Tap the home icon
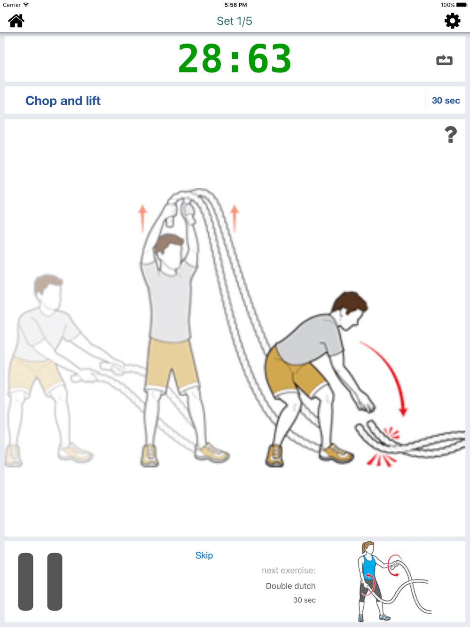(16, 21)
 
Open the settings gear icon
(452, 21)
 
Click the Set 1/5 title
(235, 21)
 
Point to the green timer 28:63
(235, 59)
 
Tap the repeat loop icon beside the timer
(444, 60)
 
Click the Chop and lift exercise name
(63, 101)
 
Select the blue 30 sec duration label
(446, 101)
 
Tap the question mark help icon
(451, 134)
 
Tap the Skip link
(204, 555)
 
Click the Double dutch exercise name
(290, 586)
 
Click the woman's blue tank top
(369, 568)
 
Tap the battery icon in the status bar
(462, 5)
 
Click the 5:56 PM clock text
(235, 5)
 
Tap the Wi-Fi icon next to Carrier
(26, 5)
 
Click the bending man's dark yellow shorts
(294, 371)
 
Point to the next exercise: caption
(289, 571)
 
